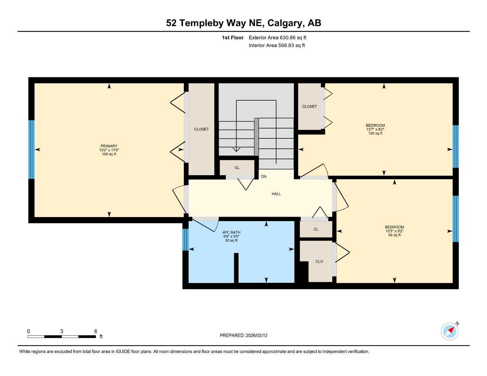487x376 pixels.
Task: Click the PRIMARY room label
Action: click(x=109, y=146)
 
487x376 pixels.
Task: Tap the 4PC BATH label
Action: click(x=231, y=232)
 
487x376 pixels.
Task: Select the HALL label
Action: click(x=276, y=194)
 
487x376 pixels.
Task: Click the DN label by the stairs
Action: click(x=264, y=177)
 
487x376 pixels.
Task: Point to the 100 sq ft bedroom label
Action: click(x=375, y=129)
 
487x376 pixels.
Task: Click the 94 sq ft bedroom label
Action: click(x=394, y=231)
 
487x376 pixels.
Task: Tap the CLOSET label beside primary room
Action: click(x=201, y=129)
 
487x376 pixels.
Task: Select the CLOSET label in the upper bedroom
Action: click(x=309, y=106)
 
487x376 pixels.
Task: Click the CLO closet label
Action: click(x=319, y=261)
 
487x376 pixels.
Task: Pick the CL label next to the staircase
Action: click(x=237, y=168)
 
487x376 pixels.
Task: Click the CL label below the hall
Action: click(x=316, y=229)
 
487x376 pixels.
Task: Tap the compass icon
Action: click(x=450, y=331)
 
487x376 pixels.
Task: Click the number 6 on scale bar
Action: click(x=96, y=331)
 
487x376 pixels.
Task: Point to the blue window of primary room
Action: click(x=32, y=149)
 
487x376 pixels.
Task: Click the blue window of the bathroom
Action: click(x=185, y=239)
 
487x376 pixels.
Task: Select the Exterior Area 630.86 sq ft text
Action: click(x=277, y=37)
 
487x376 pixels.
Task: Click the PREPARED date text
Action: click(x=243, y=335)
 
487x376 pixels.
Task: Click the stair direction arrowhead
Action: click(x=236, y=149)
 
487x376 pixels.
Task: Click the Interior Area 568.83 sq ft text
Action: click(x=277, y=46)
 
